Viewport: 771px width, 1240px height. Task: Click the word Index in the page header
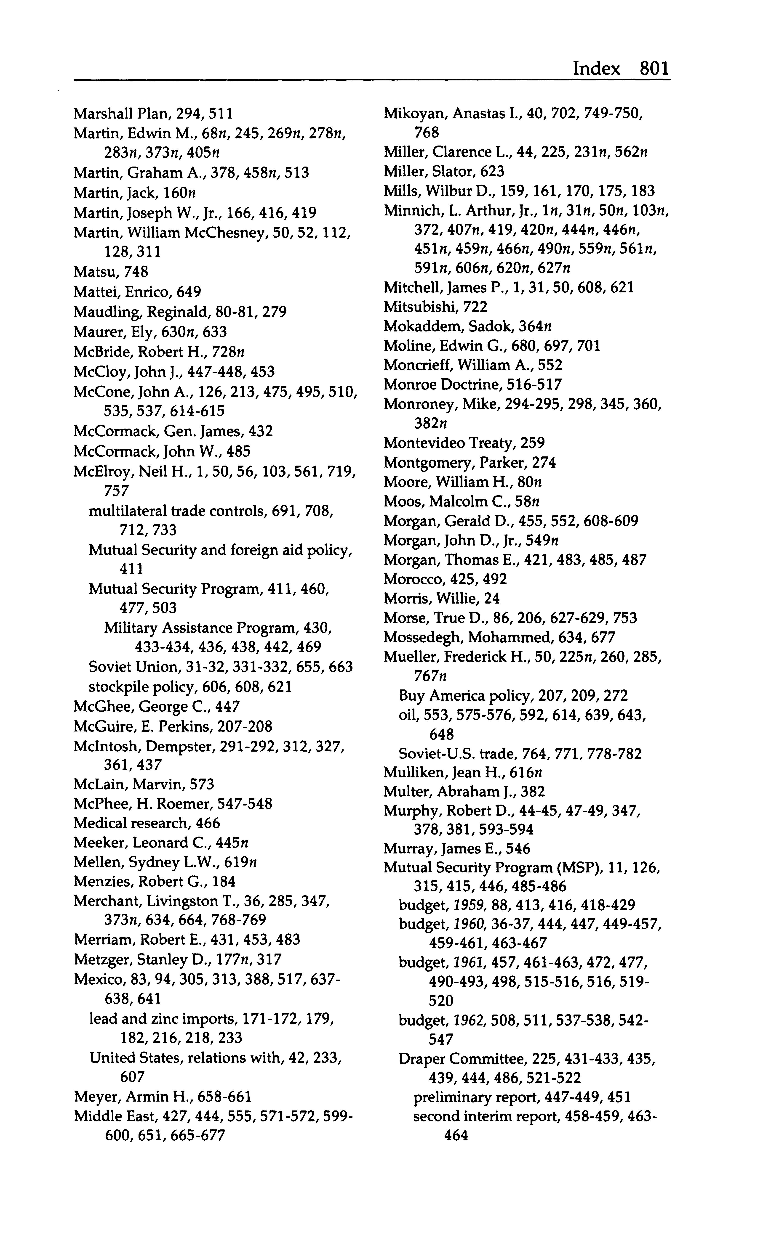[597, 68]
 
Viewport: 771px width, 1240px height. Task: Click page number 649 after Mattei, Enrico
[189, 292]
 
